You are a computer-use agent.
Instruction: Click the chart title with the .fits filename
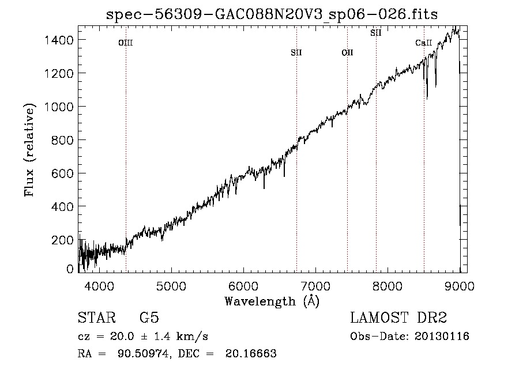pos(272,14)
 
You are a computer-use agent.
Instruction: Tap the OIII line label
pos(126,43)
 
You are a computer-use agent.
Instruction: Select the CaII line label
pos(424,43)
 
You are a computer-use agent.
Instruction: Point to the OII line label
pos(347,52)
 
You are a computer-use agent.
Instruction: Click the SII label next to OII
pos(296,52)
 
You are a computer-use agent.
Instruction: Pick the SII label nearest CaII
pos(375,33)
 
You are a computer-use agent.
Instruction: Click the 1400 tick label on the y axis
pos(59,40)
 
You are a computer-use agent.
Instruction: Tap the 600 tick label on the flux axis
pos(62,173)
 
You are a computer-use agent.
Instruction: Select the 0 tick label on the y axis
pos(70,269)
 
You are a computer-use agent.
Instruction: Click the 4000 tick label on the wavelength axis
pos(99,286)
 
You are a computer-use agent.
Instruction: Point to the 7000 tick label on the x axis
pos(315,286)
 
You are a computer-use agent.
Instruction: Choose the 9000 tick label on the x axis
pos(460,286)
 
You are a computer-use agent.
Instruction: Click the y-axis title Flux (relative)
pos(29,150)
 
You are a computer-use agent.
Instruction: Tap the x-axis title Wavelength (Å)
pos(272,301)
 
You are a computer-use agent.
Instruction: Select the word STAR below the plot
pos(97,318)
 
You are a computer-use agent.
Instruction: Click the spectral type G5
pos(149,318)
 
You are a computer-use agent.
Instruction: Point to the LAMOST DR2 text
pos(398,318)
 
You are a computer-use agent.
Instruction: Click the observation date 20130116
pos(442,337)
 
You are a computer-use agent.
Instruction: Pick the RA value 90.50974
pos(144,353)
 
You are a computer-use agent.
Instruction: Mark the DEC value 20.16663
pos(251,353)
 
